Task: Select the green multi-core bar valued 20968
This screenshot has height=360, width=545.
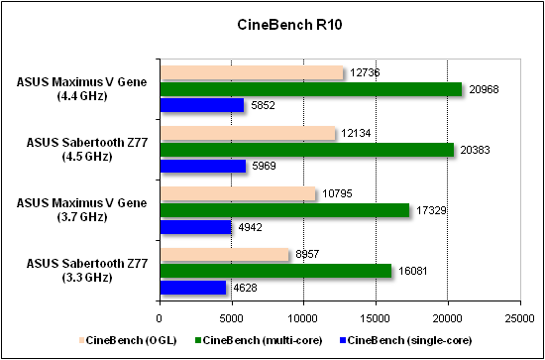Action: (x=310, y=89)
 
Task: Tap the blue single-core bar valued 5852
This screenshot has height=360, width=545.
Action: (x=201, y=105)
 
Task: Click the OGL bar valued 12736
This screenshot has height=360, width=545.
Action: (x=252, y=72)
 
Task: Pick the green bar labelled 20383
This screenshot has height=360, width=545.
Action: (x=306, y=150)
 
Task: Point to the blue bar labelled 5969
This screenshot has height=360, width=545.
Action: (x=202, y=166)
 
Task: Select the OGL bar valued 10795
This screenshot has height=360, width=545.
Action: (x=238, y=194)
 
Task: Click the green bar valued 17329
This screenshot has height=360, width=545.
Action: (x=284, y=210)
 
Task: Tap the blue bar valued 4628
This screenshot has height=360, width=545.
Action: (x=192, y=288)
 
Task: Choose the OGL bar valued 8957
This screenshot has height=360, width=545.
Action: (x=224, y=255)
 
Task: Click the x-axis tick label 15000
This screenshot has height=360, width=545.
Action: (x=376, y=318)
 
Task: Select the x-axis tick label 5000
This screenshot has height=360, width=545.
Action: (x=231, y=318)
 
